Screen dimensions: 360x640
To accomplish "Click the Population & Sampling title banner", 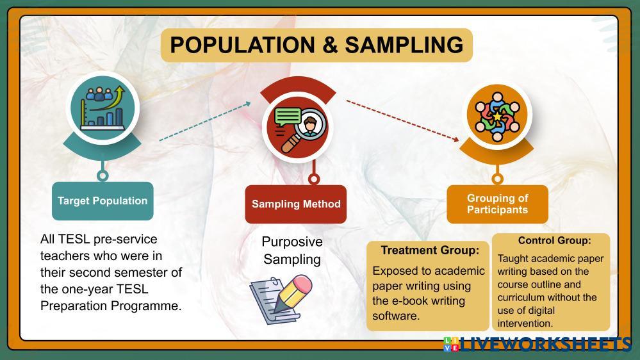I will click(x=316, y=45).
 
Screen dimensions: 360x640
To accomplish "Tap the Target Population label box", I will click(x=103, y=200).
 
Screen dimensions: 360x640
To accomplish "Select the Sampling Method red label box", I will click(x=296, y=204).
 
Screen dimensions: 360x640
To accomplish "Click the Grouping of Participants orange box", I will click(x=497, y=204).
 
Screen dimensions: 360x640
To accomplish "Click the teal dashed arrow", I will click(x=204, y=120).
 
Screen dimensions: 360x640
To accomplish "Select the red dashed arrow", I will click(x=403, y=120).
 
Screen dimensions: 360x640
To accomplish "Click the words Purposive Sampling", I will click(x=292, y=250).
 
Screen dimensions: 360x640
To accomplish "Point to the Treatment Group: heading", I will click(x=430, y=250).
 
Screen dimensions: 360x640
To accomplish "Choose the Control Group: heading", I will click(x=554, y=241).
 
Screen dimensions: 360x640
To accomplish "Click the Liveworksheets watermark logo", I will click(x=538, y=344).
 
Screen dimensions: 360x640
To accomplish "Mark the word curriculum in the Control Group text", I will click(x=524, y=297).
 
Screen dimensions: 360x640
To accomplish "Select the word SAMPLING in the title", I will click(x=404, y=45).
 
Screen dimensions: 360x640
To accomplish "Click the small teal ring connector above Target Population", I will click(x=102, y=174).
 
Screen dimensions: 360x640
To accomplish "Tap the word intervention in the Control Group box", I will click(x=525, y=323).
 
